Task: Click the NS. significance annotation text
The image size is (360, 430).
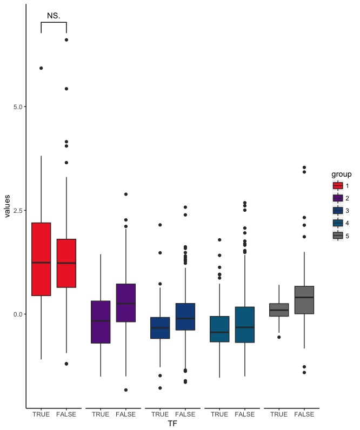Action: tap(54, 16)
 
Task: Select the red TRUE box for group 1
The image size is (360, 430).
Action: tap(41, 259)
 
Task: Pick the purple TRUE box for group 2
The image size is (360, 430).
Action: tap(101, 322)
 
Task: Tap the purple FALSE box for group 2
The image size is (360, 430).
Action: tap(126, 303)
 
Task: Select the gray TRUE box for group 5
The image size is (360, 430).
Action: tap(279, 310)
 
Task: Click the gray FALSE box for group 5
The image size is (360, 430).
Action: tap(304, 300)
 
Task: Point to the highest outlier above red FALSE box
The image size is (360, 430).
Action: tap(66, 40)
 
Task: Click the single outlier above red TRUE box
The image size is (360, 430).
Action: tap(41, 68)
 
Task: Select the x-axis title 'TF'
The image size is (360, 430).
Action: tap(172, 425)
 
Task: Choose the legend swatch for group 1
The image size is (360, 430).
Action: tap(338, 186)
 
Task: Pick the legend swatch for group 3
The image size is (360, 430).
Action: tap(338, 211)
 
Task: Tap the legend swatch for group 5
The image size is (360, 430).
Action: tap(338, 236)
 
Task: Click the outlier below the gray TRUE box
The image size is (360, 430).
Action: tap(279, 337)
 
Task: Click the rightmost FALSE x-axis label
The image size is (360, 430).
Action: tap(304, 414)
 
